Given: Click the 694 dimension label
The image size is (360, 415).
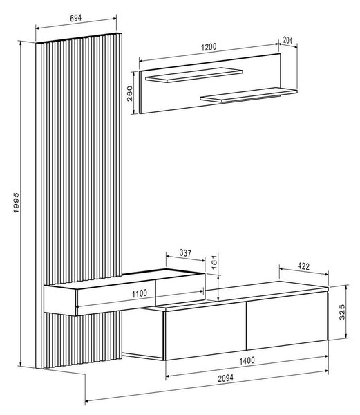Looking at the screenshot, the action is click(76, 18).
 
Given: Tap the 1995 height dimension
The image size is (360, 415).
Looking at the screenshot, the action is click(16, 203).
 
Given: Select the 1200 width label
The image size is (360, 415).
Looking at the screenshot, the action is click(209, 47).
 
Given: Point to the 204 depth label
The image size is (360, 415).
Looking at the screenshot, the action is click(287, 41).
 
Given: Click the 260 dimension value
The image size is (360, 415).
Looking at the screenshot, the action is click(130, 93).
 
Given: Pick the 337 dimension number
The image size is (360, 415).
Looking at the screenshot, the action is click(185, 253).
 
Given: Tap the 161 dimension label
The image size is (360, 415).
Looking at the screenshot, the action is click(214, 263).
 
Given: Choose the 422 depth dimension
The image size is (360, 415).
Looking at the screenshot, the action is click(303, 266).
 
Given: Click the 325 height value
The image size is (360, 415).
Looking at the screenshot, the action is click(342, 312).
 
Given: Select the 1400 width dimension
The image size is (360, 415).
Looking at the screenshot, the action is click(247, 360).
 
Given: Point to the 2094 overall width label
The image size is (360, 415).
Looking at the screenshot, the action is click(225, 378).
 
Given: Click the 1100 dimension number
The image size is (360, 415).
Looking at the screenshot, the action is click(140, 293).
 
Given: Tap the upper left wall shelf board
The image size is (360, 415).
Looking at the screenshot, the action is click(194, 75).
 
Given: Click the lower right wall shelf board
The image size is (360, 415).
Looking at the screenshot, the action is click(249, 95).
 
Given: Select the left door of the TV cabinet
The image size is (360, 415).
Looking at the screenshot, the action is click(205, 331).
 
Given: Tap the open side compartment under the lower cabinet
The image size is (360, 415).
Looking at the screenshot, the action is click(143, 333).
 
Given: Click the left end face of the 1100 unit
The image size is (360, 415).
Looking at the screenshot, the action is click(60, 300).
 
